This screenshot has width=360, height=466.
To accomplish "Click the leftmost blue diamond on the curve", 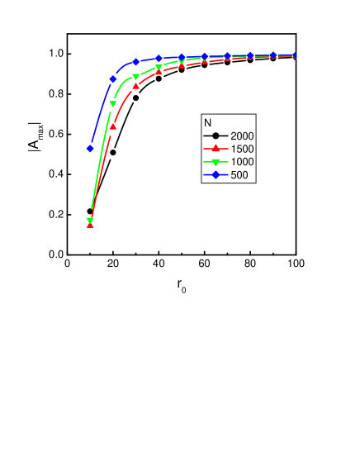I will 90,149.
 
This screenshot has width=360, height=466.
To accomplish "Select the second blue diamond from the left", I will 113,79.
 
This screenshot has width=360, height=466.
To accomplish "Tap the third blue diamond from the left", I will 136,62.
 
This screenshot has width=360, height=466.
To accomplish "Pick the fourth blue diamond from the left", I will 159,59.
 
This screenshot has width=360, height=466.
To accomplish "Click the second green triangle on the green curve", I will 113,104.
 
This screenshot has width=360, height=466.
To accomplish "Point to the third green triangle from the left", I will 136,77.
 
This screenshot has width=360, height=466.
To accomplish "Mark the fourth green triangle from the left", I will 159,68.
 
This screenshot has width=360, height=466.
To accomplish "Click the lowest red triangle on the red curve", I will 90,225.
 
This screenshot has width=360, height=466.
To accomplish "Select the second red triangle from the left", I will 113,126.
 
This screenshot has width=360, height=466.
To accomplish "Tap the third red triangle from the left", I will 136,85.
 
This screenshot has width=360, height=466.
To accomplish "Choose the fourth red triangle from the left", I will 159,72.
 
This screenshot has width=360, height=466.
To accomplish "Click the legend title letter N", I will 208,122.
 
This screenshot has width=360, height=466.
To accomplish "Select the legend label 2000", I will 243,136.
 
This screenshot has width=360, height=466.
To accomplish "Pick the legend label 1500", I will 243,149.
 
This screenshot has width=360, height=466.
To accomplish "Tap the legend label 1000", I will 243,162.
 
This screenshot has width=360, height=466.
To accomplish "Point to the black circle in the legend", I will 216,136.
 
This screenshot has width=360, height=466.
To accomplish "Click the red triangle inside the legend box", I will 216,148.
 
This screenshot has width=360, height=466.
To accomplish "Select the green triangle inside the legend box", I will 216,162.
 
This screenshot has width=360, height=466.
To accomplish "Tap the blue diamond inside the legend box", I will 216,175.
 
